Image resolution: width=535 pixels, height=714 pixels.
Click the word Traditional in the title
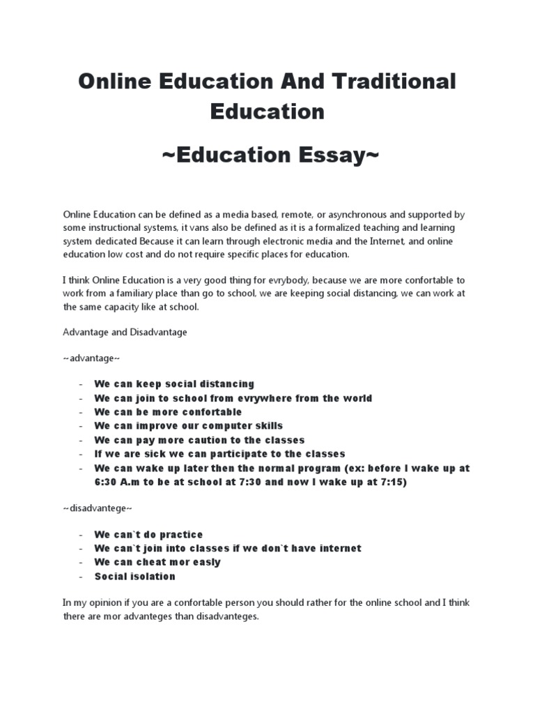389,81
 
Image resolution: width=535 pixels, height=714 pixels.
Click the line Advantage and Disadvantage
125,333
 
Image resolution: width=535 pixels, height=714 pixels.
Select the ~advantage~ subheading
91,358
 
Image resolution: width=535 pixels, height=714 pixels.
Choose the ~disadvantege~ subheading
98,508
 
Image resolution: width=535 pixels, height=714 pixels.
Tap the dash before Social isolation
82,576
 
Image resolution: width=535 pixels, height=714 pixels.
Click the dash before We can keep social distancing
82,384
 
